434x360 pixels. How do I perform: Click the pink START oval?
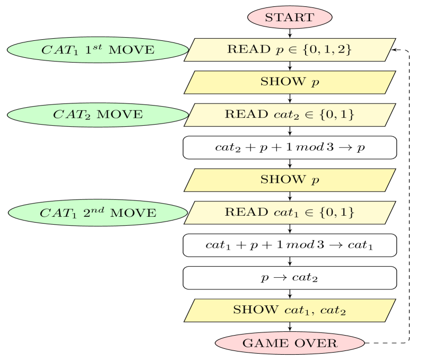(x=290, y=17)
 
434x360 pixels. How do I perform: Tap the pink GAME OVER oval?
(x=290, y=343)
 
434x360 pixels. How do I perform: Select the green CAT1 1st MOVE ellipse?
(x=98, y=50)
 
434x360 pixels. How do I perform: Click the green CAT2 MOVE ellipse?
(x=98, y=115)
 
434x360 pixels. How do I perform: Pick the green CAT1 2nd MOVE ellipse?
(x=98, y=213)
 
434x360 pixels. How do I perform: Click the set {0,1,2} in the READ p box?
(x=325, y=50)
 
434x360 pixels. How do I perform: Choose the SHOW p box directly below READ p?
(x=290, y=82)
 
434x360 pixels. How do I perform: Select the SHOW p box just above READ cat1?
(x=290, y=180)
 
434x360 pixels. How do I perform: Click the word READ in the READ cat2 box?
(x=247, y=115)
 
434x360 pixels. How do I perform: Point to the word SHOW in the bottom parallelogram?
(x=255, y=310)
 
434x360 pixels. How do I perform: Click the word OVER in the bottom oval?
(x=318, y=343)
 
